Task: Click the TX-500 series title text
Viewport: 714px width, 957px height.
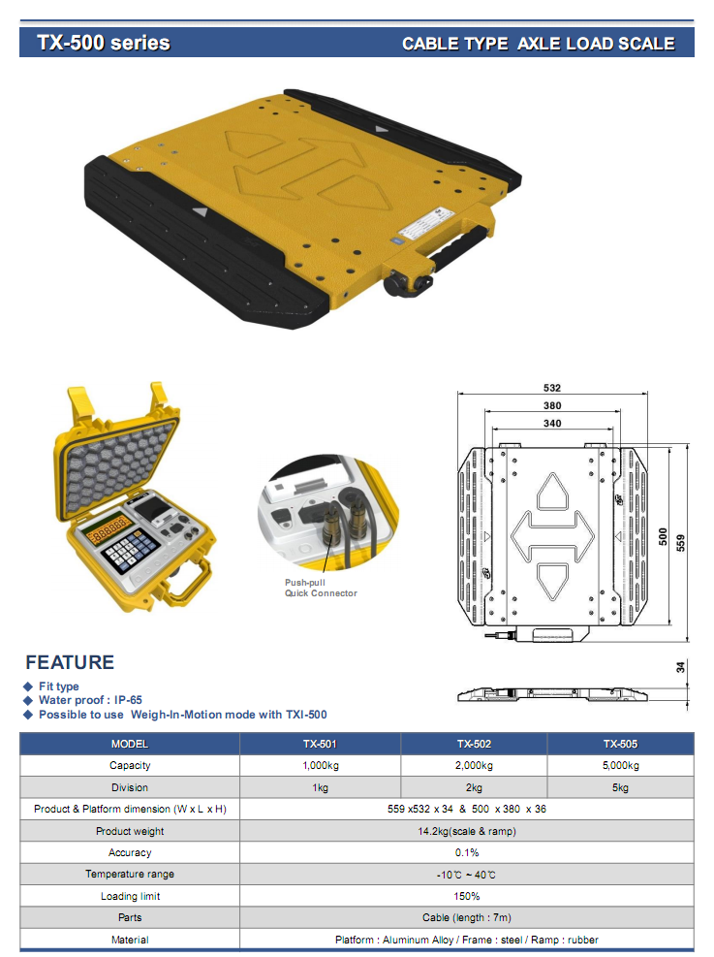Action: point(104,43)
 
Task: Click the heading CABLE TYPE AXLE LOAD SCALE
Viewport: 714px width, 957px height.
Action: point(539,44)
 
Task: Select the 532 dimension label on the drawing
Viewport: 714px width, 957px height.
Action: point(552,388)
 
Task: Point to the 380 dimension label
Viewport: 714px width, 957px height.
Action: point(552,405)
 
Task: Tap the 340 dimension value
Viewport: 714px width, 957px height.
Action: point(552,423)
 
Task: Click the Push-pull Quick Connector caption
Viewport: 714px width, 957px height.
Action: point(321,588)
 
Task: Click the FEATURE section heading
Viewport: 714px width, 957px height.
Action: point(70,662)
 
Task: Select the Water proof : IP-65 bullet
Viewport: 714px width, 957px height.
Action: point(90,700)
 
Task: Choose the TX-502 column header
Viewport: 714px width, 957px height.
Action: point(474,744)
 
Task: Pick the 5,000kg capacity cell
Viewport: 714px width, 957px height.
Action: point(620,766)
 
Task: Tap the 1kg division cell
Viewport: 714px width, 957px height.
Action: point(320,787)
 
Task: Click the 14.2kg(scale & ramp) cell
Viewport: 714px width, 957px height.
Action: point(467,831)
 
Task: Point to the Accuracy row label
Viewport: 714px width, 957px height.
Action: point(130,852)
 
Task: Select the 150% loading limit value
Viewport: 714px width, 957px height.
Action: point(467,896)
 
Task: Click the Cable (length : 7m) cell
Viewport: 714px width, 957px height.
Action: point(467,917)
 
